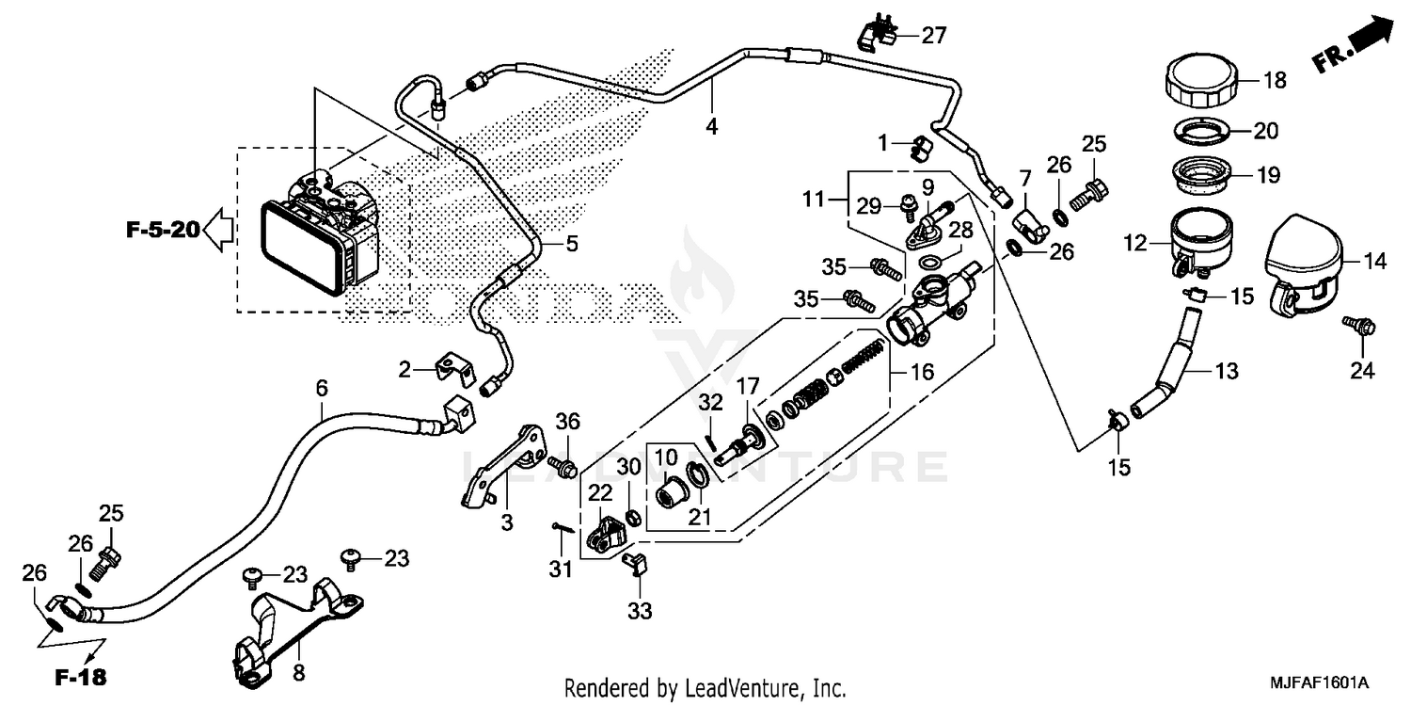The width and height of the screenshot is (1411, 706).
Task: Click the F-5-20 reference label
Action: pos(163,229)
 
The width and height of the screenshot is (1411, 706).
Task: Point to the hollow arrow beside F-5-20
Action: pos(218,229)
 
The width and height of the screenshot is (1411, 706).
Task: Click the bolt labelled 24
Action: pos(1361,328)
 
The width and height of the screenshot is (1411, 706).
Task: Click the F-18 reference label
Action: pos(79,676)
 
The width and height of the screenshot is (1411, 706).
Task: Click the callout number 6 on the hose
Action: pos(322,387)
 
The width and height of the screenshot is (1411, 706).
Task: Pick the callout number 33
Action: pos(640,611)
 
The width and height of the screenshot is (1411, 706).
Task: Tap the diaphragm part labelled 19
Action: pos(1211,175)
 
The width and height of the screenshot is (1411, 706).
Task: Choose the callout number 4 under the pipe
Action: pos(712,125)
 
